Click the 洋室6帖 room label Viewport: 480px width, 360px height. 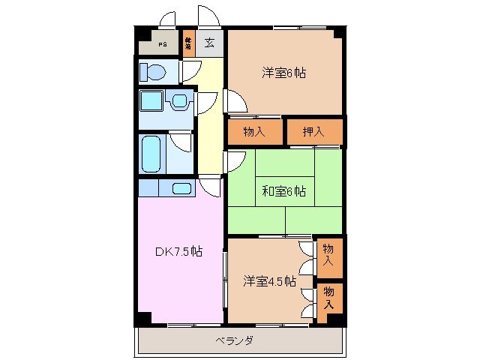pyautogui.click(x=284, y=73)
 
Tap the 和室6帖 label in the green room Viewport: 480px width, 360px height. pyautogui.click(x=283, y=190)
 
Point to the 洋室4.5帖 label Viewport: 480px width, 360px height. pyautogui.click(x=268, y=281)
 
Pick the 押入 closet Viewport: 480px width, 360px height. pyautogui.click(x=313, y=132)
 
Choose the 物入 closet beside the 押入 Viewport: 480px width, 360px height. pyautogui.click(x=255, y=132)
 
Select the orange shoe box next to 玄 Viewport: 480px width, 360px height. pyautogui.click(x=188, y=43)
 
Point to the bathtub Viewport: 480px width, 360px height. pyautogui.click(x=152, y=154)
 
